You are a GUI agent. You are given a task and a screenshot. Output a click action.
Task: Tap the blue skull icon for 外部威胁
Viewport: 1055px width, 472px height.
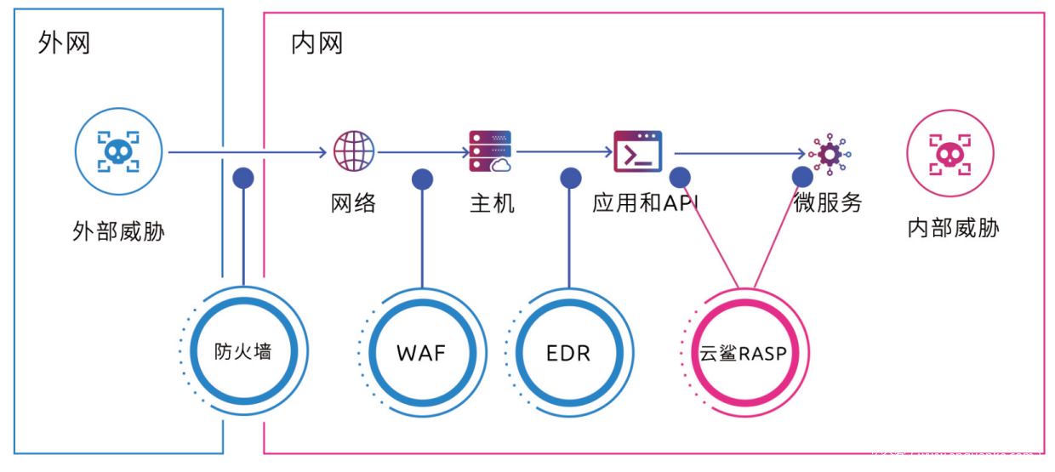click(117, 154)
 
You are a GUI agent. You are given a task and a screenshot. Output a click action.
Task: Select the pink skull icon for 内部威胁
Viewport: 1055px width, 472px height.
click(951, 154)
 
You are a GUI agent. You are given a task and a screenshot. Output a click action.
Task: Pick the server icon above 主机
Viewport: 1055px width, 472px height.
click(489, 152)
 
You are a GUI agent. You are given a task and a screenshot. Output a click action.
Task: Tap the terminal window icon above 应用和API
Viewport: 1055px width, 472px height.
click(638, 151)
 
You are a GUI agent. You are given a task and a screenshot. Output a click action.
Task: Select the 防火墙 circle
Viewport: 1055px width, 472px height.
click(243, 351)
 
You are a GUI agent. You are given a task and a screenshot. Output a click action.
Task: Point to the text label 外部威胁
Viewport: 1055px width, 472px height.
click(118, 231)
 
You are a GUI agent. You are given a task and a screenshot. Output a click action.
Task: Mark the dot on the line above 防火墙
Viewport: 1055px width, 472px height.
click(243, 177)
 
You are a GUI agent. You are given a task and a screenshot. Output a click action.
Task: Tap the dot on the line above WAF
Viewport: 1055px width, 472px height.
click(422, 179)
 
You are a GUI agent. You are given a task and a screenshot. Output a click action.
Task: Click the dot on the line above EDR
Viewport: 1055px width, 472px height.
click(570, 178)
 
